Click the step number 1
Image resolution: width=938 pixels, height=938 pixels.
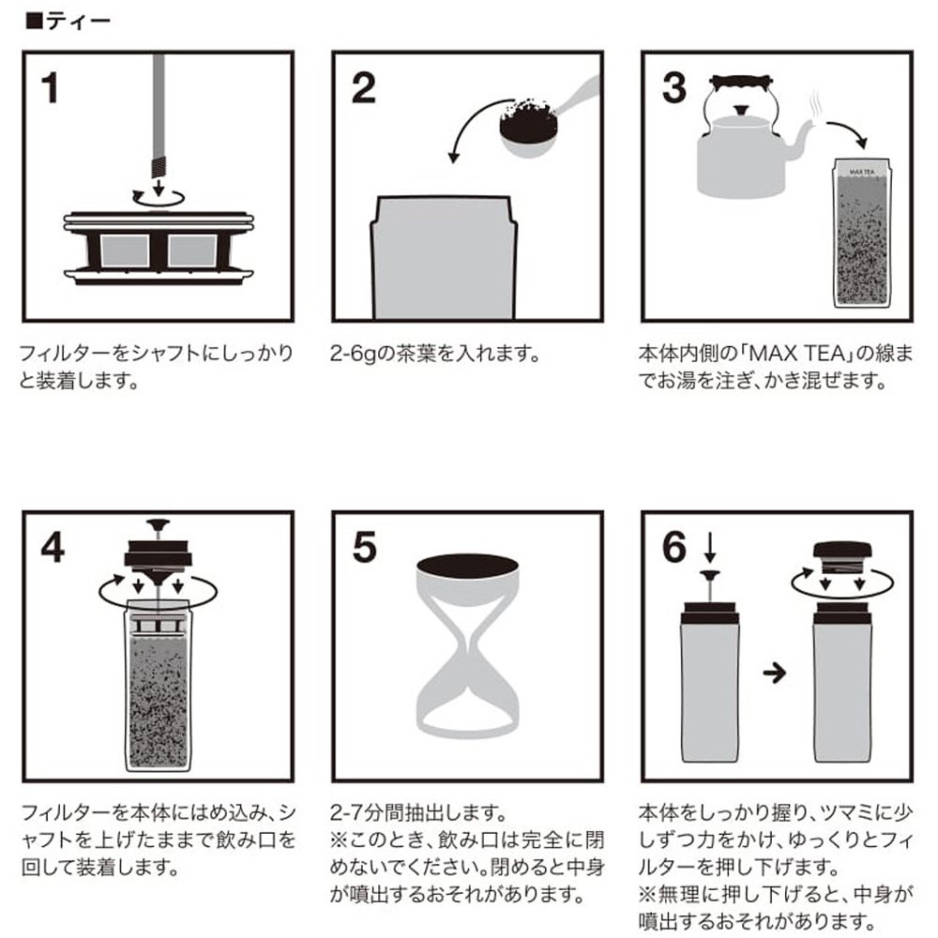50,88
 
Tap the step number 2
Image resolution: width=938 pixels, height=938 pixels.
364,88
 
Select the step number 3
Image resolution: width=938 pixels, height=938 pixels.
674,88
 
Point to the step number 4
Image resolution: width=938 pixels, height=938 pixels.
53,548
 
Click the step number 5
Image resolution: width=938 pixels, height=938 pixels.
364,548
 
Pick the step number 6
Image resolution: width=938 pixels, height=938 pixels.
674,548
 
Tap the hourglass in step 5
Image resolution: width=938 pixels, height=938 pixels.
467,645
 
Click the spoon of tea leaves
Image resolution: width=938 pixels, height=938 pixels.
541,121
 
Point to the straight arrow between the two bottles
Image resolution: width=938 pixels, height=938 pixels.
775,674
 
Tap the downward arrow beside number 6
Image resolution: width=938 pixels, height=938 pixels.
710,549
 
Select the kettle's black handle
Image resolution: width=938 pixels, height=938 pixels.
742,81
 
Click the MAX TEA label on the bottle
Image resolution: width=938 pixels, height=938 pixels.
861,173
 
